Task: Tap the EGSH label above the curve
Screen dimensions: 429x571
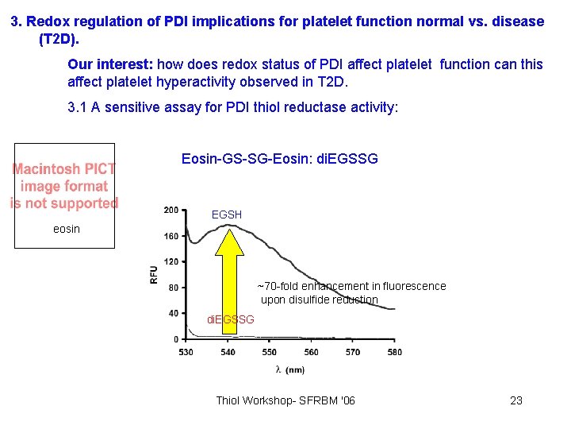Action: click(226, 214)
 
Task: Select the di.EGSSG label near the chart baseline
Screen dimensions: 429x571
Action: click(230, 319)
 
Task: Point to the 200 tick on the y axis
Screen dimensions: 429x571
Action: click(171, 210)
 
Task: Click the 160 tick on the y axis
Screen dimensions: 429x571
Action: click(171, 236)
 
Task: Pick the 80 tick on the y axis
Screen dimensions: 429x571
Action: click(173, 288)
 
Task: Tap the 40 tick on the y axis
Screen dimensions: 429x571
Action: click(173, 313)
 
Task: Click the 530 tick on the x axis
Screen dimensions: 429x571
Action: click(186, 352)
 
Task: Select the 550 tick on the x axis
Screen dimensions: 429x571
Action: click(269, 352)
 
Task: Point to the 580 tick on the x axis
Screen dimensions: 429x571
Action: click(393, 352)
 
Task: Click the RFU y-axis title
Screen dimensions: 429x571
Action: click(154, 274)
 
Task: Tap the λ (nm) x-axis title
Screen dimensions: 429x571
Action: click(289, 369)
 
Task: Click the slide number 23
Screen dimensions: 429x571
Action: click(515, 400)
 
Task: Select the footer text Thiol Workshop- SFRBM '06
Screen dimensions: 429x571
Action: click(285, 400)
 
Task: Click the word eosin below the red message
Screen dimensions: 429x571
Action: click(66, 229)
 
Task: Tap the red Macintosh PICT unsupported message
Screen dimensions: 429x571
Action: click(64, 186)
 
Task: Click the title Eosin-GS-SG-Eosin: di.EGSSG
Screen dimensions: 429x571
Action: click(280, 159)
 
